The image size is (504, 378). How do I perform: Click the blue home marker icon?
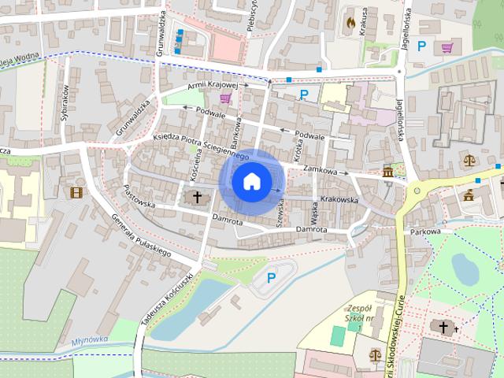click(x=251, y=181)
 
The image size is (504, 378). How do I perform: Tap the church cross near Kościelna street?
click(x=195, y=197)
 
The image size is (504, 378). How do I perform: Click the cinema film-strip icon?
click(x=76, y=192)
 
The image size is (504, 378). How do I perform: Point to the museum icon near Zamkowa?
click(x=388, y=172)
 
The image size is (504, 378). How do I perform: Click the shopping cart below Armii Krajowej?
click(x=226, y=98)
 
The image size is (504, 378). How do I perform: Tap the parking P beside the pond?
click(x=272, y=277)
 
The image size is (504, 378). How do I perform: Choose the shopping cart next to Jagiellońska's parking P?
click(x=447, y=47)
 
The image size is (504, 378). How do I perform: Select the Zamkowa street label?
click(x=319, y=170)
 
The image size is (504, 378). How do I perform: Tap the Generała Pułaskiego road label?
click(x=141, y=236)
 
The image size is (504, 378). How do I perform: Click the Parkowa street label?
click(x=425, y=232)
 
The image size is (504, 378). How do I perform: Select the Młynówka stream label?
click(x=87, y=342)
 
